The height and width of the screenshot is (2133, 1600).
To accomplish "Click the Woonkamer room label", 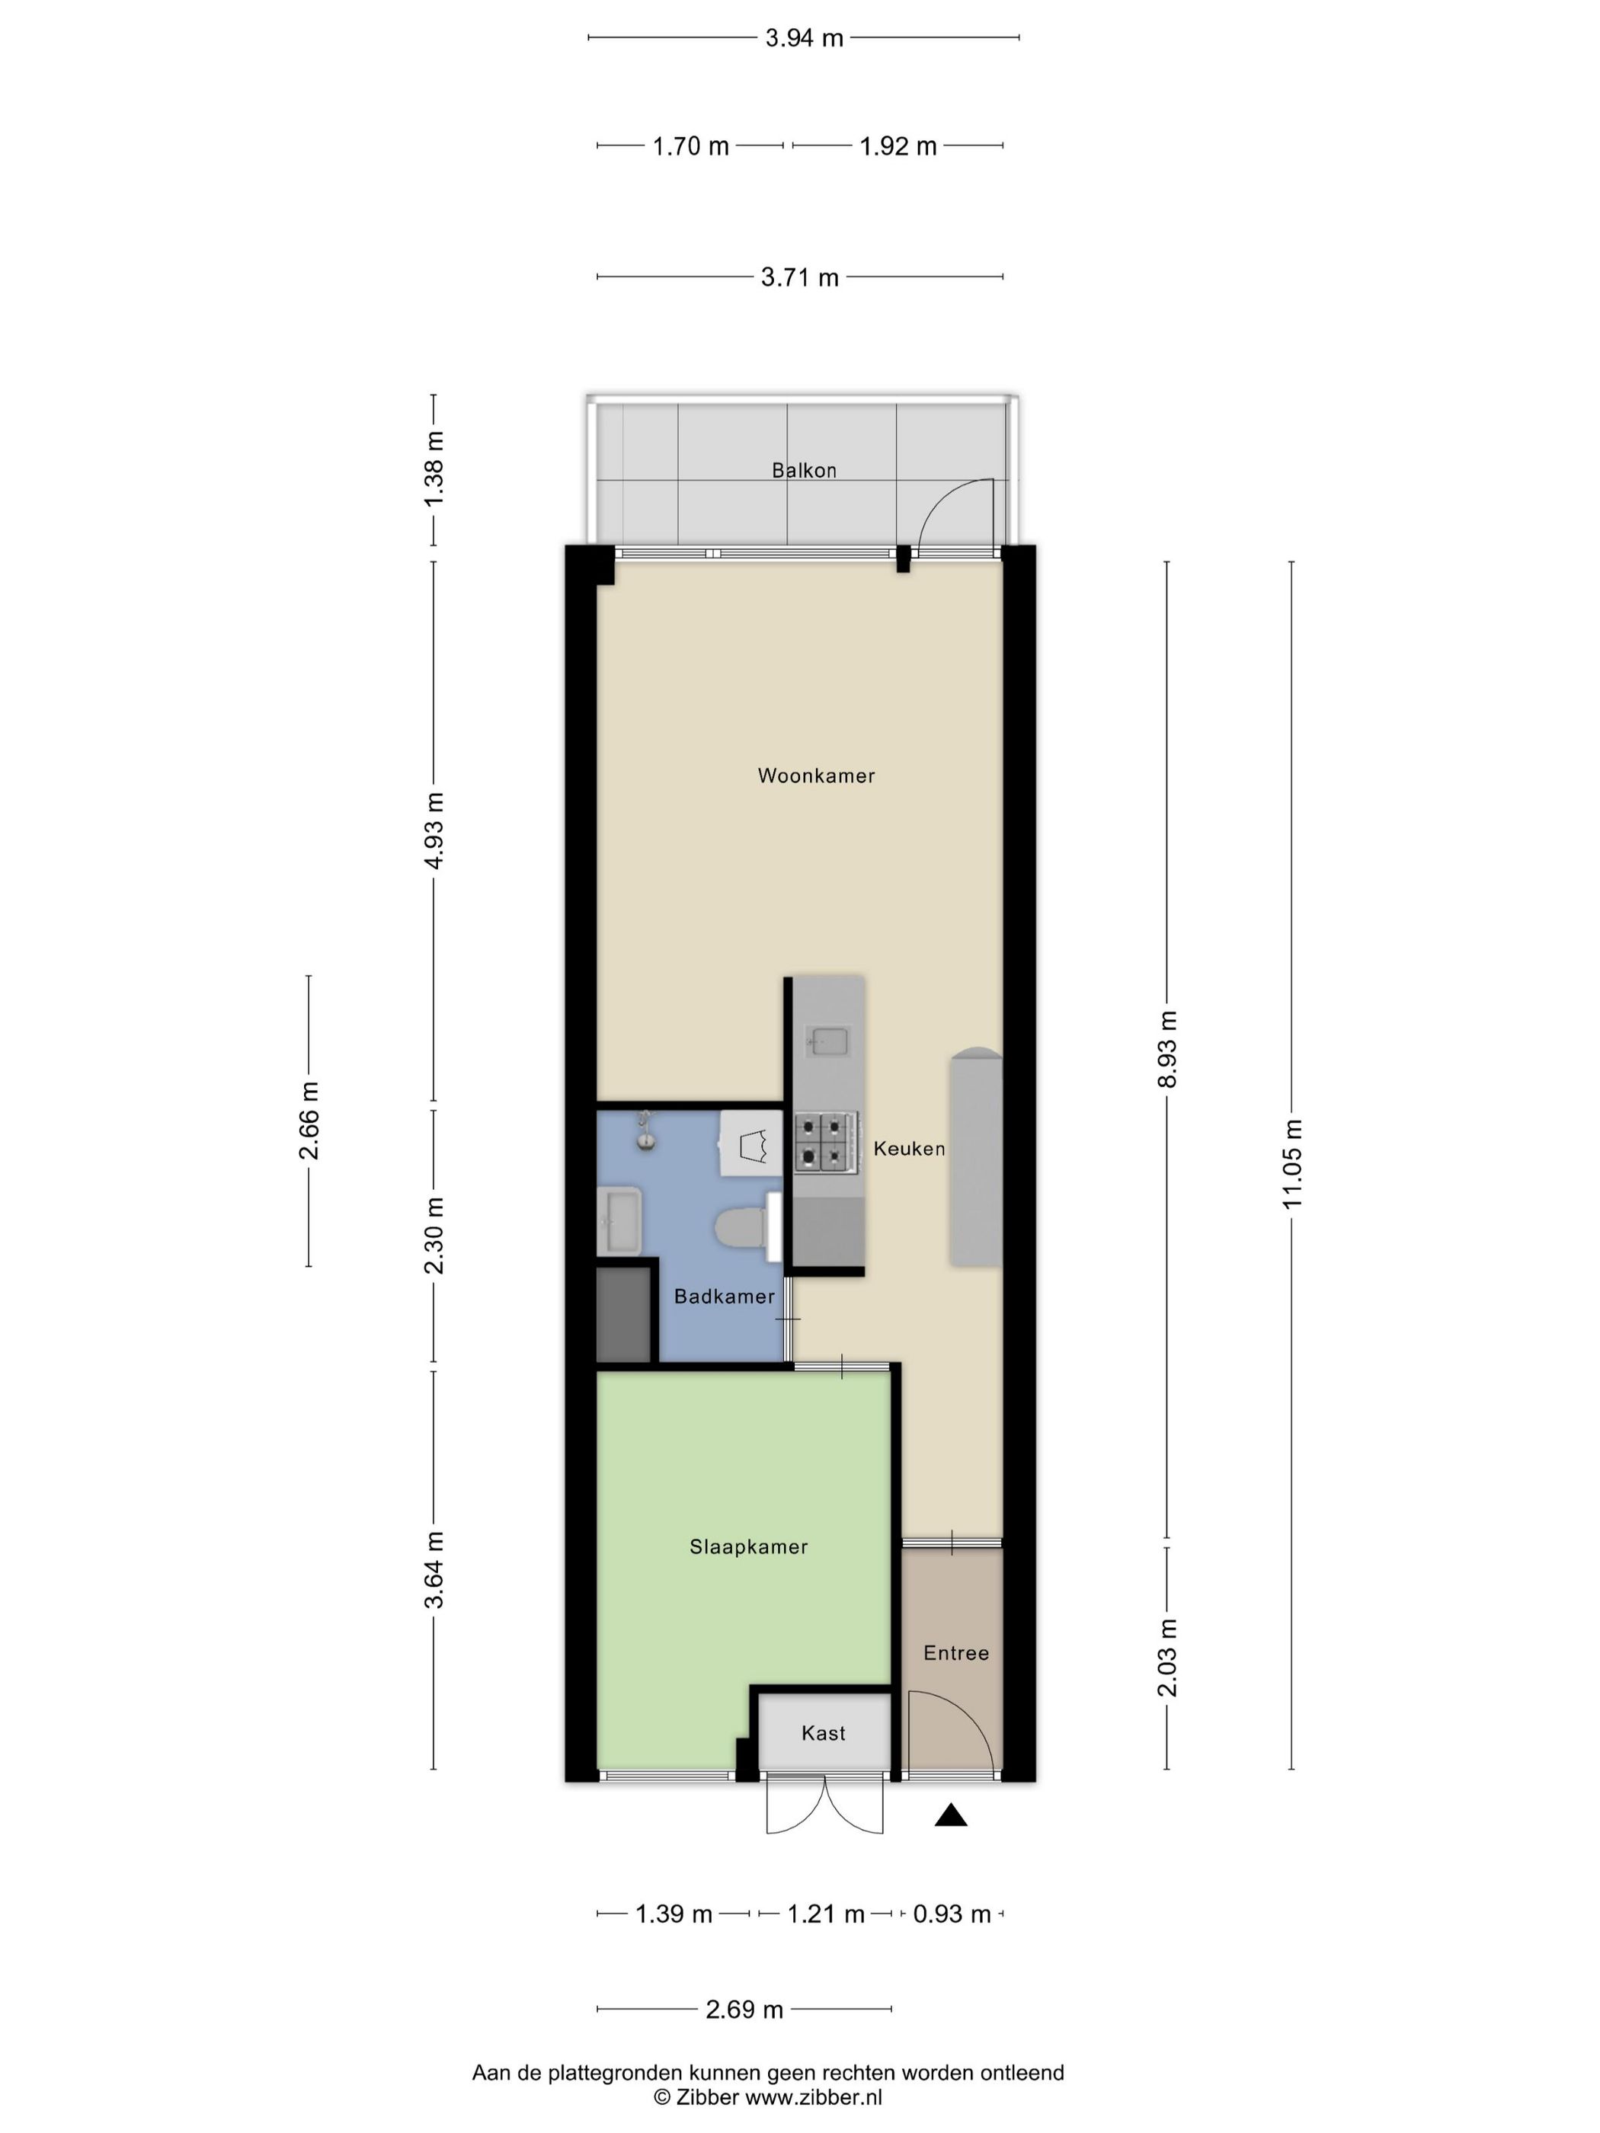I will (x=816, y=775).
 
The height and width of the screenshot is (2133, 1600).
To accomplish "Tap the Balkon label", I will (x=803, y=471).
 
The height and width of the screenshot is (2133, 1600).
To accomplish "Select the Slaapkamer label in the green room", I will (x=748, y=1546).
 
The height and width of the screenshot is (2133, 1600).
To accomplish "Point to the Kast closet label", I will (x=823, y=1733).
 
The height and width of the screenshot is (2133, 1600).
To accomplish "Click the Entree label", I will (x=955, y=1653).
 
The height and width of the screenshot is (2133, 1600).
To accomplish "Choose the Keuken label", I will (x=908, y=1149).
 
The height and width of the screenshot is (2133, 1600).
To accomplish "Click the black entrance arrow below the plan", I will (x=951, y=1816).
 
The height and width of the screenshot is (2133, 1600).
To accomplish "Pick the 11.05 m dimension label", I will (x=1291, y=1164).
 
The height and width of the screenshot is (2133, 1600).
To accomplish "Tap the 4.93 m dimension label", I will (x=434, y=830).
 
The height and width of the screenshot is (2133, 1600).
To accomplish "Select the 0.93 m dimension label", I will (x=952, y=1914).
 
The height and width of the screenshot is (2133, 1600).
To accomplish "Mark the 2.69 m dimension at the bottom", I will (x=744, y=2010).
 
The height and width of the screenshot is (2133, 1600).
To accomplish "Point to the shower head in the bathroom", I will (x=645, y=1132).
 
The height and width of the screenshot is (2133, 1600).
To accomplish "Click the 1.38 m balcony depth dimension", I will (x=434, y=468).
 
